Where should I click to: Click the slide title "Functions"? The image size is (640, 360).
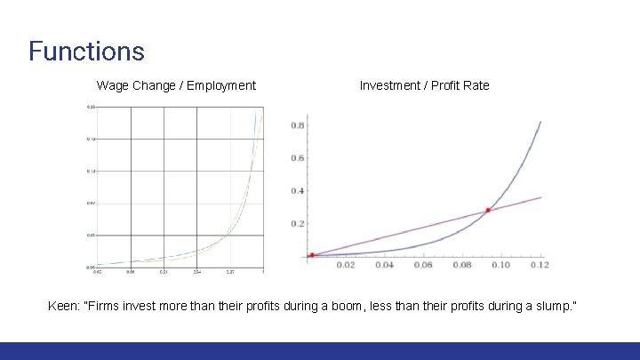point(86,51)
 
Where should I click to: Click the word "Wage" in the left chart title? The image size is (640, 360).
point(114,85)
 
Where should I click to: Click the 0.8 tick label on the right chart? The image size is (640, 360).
point(297,125)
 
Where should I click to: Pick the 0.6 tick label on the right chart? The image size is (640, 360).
point(297,158)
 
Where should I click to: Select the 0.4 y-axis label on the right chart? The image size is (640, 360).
point(297,191)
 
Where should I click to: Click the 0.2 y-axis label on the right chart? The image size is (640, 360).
point(297,224)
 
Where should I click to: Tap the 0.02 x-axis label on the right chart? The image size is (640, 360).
point(344,265)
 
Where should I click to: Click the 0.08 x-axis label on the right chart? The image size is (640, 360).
point(462,265)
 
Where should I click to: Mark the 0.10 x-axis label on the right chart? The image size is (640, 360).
point(500,265)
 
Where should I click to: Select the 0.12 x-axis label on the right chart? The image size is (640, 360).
point(539,265)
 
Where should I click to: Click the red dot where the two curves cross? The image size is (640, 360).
point(488,211)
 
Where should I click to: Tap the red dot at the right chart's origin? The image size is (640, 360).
point(311,255)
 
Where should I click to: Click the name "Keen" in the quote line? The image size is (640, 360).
point(63,306)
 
